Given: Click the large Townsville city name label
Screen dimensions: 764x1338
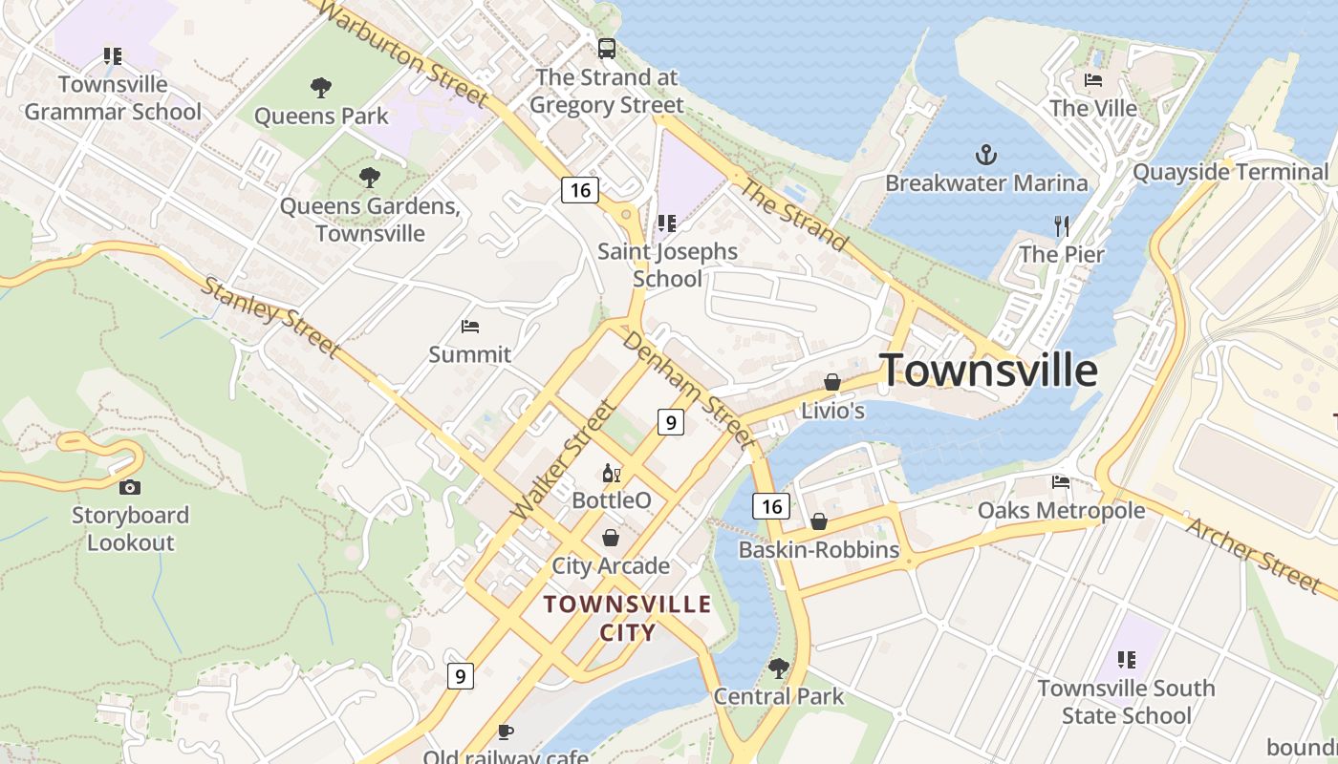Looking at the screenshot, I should point(988,371).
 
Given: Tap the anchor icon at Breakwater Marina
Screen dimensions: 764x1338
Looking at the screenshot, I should point(985,154).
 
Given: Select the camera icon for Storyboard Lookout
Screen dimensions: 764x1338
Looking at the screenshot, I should point(130,487).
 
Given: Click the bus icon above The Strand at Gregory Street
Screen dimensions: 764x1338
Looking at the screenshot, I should point(606,48).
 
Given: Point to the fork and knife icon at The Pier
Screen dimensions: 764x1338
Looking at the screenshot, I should point(1061,226).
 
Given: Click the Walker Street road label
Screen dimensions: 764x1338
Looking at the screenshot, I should point(563,460).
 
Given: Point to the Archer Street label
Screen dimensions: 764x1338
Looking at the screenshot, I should point(1253,554).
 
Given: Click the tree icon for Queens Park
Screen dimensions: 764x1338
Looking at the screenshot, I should point(321,88).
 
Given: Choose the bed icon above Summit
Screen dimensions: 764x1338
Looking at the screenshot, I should point(469,327).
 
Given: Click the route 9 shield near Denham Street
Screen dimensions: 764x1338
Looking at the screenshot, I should point(671,421).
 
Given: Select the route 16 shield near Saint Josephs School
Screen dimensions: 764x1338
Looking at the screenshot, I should point(579,190).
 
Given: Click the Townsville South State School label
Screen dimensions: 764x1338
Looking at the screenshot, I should point(1126,702).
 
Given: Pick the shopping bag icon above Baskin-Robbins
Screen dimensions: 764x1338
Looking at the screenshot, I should point(818,521).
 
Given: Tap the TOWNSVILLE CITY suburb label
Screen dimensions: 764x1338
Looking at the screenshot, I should point(627,618).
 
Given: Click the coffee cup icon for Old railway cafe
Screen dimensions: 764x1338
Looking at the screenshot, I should point(506,732).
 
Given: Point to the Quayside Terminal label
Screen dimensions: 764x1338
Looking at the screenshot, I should point(1230,172).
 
